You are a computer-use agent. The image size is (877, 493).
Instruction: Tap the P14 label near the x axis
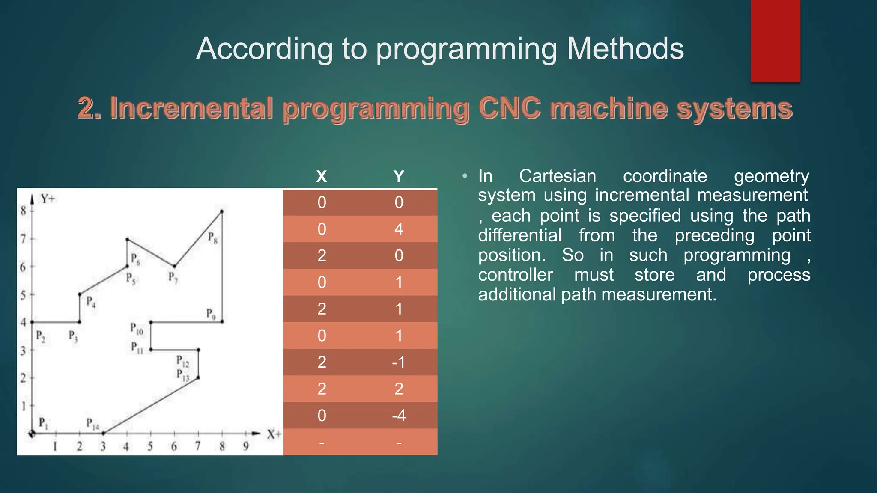click(92, 424)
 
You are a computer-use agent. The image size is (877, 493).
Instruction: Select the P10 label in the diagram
click(137, 329)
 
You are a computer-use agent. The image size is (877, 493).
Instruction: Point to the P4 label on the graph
click(91, 302)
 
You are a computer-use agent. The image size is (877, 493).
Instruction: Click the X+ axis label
click(274, 435)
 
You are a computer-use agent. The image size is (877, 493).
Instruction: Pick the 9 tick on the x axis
click(246, 446)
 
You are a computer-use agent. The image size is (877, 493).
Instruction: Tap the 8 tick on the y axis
click(24, 211)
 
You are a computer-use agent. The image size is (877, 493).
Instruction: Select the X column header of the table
click(322, 176)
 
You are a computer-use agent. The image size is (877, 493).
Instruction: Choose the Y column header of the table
click(399, 176)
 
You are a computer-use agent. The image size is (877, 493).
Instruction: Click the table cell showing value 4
click(399, 229)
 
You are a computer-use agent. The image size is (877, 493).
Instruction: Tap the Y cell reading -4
click(399, 416)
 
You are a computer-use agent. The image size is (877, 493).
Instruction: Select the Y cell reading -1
click(399, 362)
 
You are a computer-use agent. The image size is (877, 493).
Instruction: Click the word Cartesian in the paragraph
click(557, 176)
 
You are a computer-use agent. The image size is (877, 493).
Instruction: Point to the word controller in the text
click(515, 275)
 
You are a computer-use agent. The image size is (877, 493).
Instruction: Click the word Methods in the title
click(625, 48)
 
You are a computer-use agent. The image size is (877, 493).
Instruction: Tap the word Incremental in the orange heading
click(191, 108)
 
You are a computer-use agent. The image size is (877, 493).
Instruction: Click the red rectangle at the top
click(775, 41)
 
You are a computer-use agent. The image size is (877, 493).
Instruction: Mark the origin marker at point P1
click(32, 434)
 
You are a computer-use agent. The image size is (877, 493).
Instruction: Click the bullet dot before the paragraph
click(465, 176)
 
